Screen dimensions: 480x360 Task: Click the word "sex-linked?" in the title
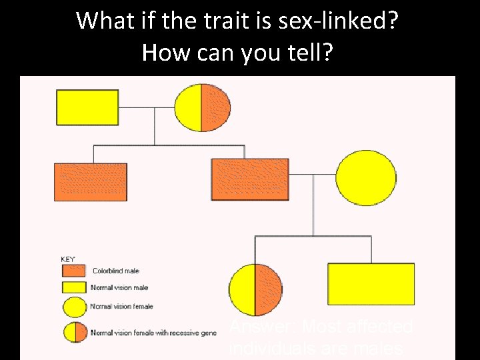point(347,21)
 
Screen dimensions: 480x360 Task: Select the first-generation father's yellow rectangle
point(87,107)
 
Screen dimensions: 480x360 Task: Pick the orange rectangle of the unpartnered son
point(90,181)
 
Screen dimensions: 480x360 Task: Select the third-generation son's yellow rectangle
point(371,284)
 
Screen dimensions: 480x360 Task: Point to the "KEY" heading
point(67,259)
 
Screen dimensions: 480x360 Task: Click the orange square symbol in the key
point(73,271)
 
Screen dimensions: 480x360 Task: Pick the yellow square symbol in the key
point(73,288)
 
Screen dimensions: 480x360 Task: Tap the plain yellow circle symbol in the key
point(74,307)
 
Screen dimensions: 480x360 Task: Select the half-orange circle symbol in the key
point(74,331)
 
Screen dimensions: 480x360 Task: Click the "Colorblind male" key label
point(115,271)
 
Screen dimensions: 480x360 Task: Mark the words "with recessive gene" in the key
point(185,333)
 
